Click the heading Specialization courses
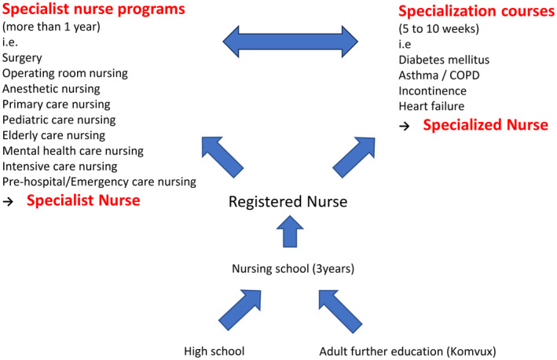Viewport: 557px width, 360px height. click(x=474, y=13)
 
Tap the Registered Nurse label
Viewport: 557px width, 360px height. click(x=288, y=202)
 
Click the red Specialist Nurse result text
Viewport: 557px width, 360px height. click(x=83, y=200)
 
